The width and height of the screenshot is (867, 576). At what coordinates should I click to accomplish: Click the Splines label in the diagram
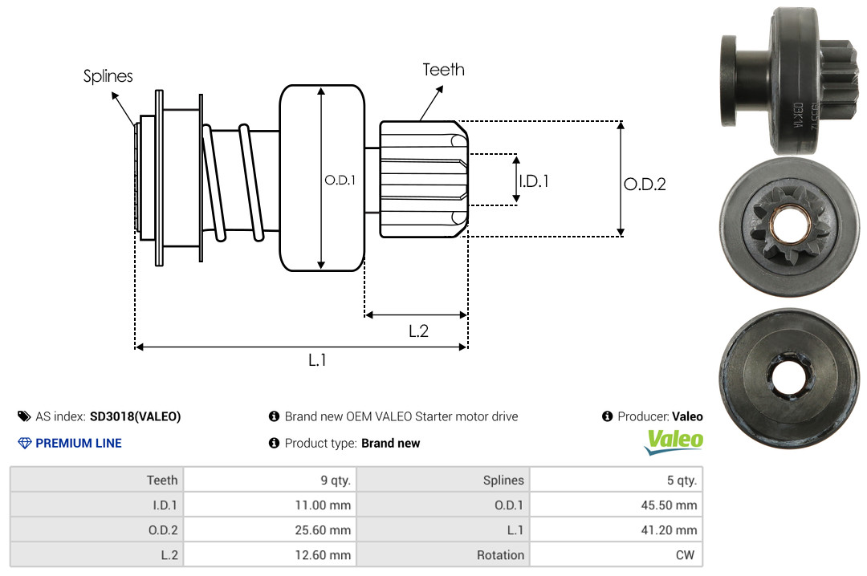pyautogui.click(x=108, y=75)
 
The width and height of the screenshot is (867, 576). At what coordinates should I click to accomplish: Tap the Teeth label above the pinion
pyautogui.click(x=443, y=70)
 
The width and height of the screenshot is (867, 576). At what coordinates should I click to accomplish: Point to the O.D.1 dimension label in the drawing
pyautogui.click(x=340, y=180)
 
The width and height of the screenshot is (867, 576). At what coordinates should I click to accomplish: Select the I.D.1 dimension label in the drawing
pyautogui.click(x=534, y=181)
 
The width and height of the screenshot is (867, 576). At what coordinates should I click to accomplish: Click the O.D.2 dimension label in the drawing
pyautogui.click(x=645, y=184)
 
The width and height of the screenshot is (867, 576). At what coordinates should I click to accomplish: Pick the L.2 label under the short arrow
pyautogui.click(x=418, y=331)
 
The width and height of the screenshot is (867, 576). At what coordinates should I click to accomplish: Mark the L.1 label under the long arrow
pyautogui.click(x=317, y=360)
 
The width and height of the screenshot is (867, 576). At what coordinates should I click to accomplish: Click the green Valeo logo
pyautogui.click(x=674, y=442)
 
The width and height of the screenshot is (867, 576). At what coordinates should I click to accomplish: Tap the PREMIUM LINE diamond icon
pyautogui.click(x=25, y=443)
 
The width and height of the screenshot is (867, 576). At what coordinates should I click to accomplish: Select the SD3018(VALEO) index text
pyautogui.click(x=136, y=416)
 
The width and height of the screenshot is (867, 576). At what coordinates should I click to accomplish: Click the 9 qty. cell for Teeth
pyautogui.click(x=270, y=480)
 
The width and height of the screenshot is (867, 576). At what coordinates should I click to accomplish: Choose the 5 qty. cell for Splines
pyautogui.click(x=616, y=480)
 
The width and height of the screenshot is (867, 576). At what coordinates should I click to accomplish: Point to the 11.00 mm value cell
pyautogui.click(x=270, y=505)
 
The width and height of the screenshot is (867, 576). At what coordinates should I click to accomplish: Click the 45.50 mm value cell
pyautogui.click(x=616, y=505)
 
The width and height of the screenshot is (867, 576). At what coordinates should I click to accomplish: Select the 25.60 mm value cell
pyautogui.click(x=270, y=529)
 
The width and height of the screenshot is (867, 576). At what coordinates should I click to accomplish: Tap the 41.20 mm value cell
pyautogui.click(x=616, y=529)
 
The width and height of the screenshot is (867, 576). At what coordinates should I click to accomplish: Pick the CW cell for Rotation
pyautogui.click(x=616, y=554)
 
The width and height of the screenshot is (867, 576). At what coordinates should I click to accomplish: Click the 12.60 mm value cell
pyautogui.click(x=270, y=554)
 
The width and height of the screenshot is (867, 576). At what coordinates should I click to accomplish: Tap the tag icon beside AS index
pyautogui.click(x=24, y=416)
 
